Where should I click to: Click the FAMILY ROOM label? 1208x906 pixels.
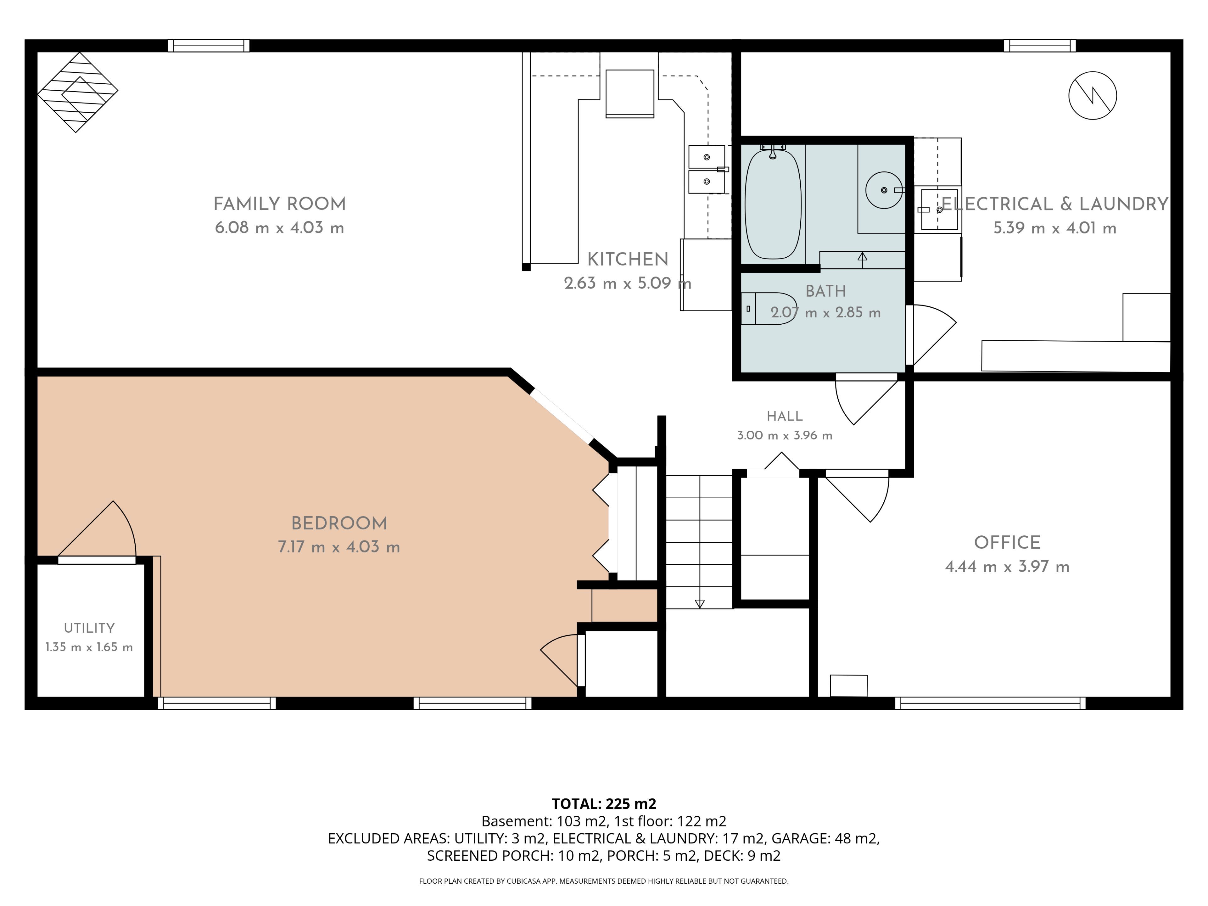tap(280, 204)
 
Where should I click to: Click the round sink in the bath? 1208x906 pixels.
tap(884, 190)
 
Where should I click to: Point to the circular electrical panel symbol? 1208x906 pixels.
tap(1092, 96)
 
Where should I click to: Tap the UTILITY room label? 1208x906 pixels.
tap(89, 628)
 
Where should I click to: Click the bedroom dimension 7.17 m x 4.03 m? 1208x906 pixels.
tap(339, 547)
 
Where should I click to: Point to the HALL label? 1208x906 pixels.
tap(785, 416)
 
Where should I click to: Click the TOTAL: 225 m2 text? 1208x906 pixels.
tap(604, 804)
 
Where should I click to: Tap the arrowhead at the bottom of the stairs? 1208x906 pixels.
tap(700, 604)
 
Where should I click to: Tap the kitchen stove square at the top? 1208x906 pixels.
tap(630, 93)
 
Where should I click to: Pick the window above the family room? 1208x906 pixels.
tap(209, 46)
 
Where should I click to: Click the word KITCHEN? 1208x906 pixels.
tap(628, 260)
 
